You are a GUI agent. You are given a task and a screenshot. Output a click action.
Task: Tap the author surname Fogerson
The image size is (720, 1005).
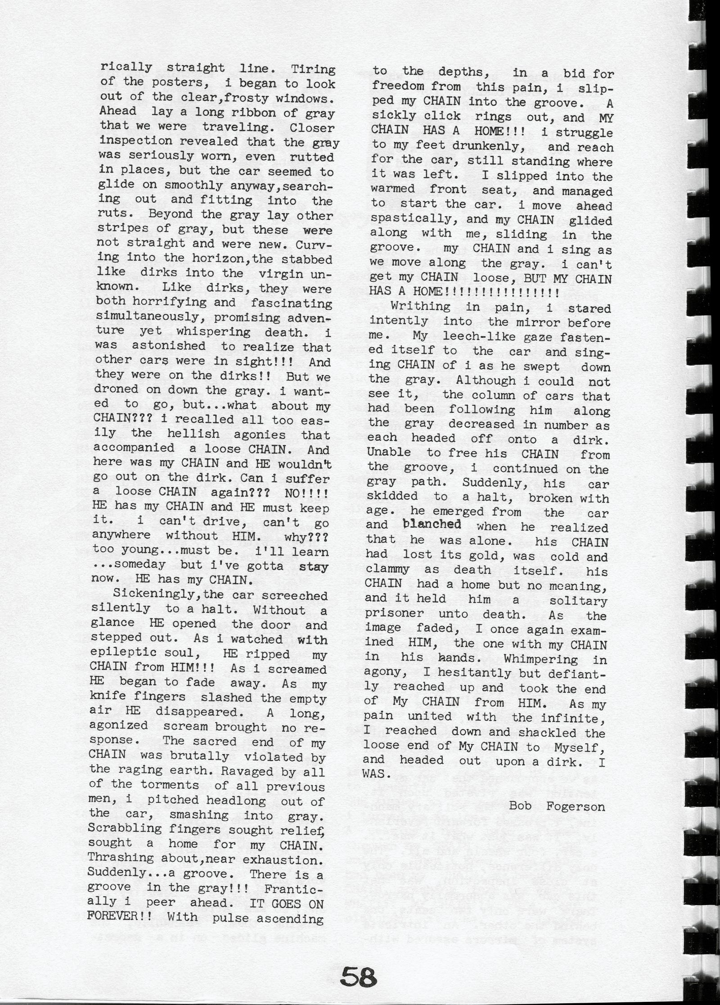[576, 806]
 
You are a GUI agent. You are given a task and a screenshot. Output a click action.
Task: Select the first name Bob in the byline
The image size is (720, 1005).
[520, 806]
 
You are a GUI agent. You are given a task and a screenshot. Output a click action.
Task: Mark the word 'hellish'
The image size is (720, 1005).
[193, 434]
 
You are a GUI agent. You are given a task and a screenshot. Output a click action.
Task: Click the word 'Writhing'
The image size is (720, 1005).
[420, 306]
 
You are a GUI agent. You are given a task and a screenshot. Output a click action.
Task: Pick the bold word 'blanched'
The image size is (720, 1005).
[432, 525]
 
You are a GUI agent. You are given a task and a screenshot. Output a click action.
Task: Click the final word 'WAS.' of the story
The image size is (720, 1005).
[374, 775]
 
